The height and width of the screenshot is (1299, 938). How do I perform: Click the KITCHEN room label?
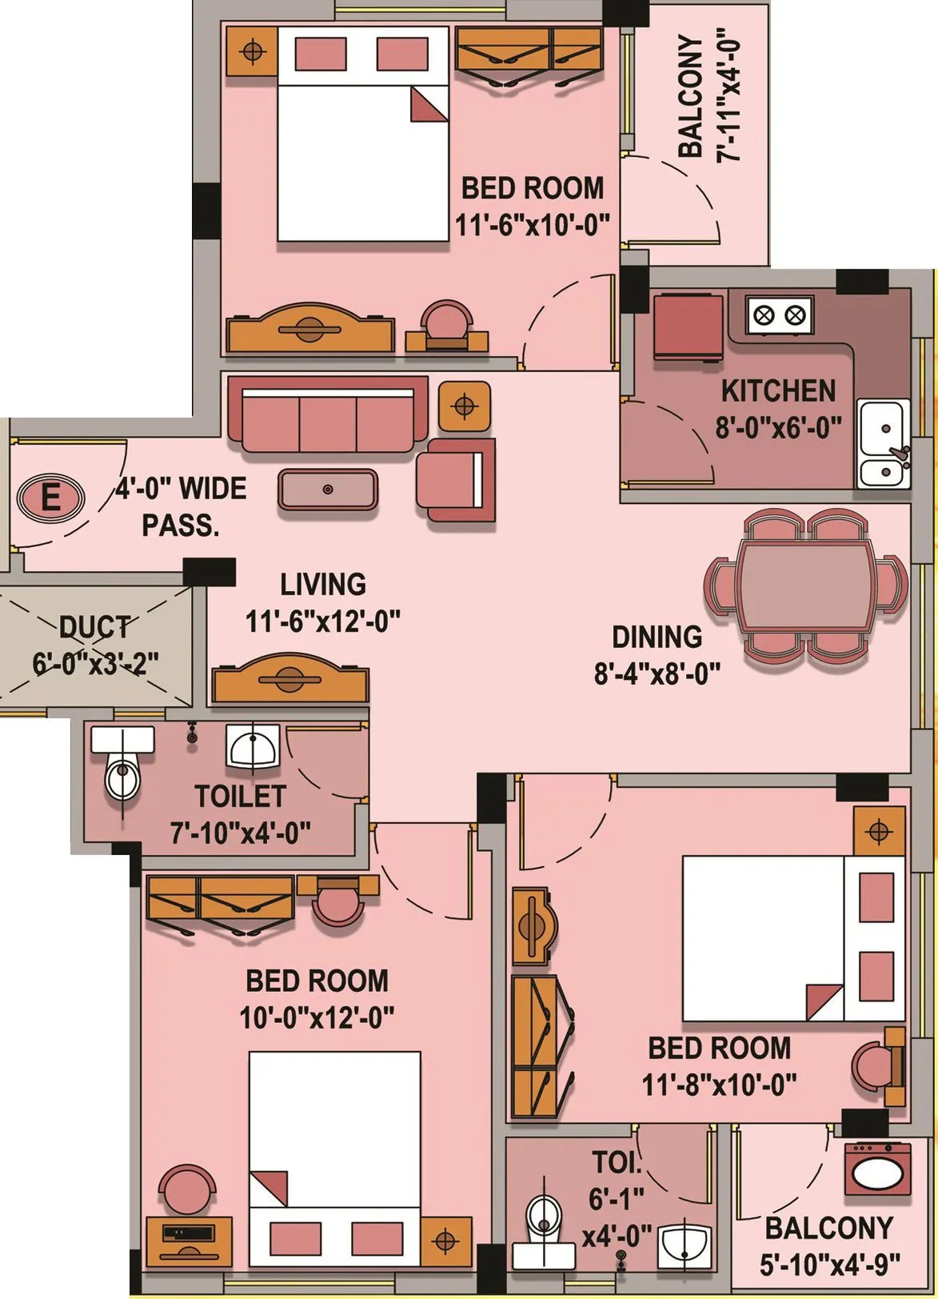(x=777, y=391)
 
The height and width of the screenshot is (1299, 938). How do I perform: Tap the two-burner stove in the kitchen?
(x=779, y=314)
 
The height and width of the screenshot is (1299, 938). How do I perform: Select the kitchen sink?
(x=883, y=444)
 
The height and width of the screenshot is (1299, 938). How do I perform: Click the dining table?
(x=805, y=585)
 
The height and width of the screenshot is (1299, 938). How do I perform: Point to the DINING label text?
(x=657, y=637)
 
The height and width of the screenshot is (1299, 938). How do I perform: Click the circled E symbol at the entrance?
(x=50, y=498)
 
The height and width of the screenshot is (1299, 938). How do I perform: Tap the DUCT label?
(x=94, y=626)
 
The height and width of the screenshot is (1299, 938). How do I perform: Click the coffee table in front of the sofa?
(x=327, y=490)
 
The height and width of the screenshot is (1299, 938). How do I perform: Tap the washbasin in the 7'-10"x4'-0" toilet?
(x=253, y=748)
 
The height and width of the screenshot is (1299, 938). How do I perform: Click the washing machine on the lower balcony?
(x=878, y=1169)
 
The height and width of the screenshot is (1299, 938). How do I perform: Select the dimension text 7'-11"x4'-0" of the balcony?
(x=730, y=98)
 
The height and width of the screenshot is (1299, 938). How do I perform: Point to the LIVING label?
(x=323, y=585)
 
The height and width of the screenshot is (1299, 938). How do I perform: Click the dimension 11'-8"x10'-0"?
(x=719, y=1085)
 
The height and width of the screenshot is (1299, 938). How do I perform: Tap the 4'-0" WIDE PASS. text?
(x=181, y=506)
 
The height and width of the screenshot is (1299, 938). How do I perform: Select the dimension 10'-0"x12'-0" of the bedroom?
(x=317, y=1017)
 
